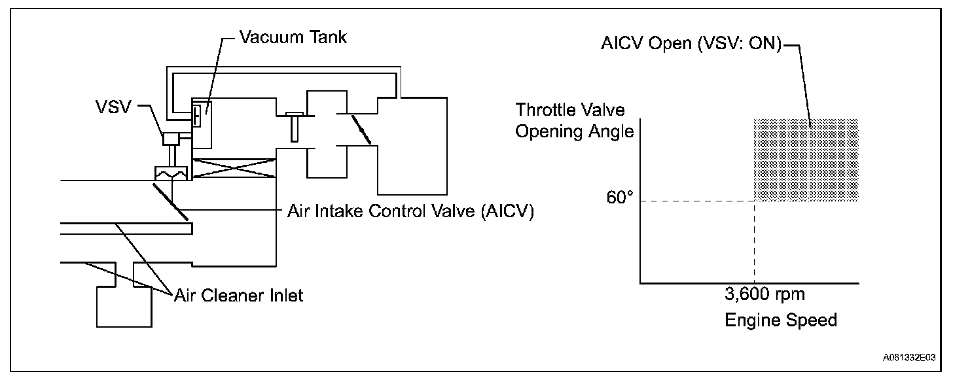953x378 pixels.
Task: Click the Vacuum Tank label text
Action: point(293,37)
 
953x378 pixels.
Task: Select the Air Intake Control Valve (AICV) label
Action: point(410,212)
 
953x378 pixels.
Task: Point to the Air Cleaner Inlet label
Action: point(238,295)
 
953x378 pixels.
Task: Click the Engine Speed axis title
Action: point(781,320)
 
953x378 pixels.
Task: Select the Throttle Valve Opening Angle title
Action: point(574,120)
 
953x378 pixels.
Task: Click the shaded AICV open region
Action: point(806,160)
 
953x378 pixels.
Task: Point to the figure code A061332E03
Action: point(908,358)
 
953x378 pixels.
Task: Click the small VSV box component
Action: point(171,139)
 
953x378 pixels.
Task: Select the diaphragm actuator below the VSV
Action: point(171,174)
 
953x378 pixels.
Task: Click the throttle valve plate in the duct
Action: point(361,129)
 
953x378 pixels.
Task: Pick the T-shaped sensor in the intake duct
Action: point(294,126)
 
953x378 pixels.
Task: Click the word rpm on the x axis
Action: point(790,295)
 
